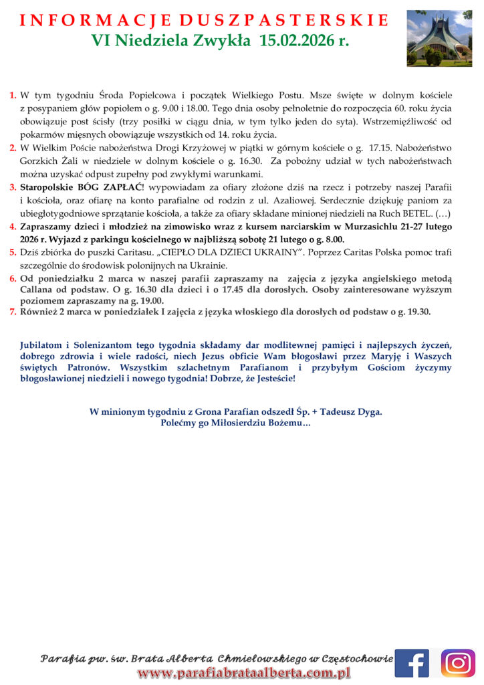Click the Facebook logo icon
coord(411,662)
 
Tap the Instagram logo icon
coord(458,662)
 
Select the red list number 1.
coord(13,96)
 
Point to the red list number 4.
coord(13,227)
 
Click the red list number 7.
coord(13,312)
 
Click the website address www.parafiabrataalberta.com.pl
coord(244,673)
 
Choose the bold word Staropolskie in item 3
coord(47,187)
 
